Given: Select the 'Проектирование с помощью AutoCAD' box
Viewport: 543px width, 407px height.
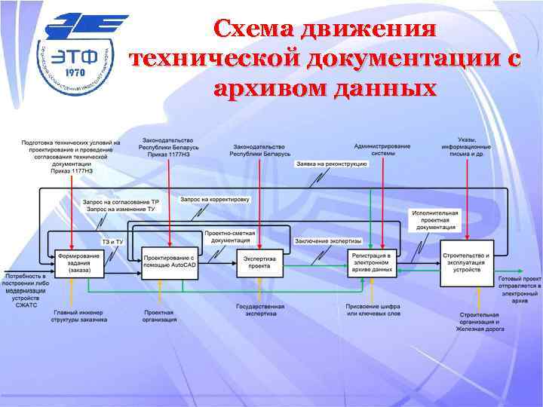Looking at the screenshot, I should click(x=170, y=262).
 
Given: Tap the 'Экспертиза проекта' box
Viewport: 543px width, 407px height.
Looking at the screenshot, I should click(x=259, y=262).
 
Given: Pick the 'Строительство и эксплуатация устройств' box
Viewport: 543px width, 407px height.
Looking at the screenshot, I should click(x=467, y=261).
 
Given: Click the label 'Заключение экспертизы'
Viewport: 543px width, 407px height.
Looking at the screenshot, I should click(x=328, y=240).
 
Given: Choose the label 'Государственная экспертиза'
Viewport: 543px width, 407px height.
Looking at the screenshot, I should click(x=259, y=311).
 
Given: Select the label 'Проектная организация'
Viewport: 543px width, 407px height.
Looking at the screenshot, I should click(x=159, y=316).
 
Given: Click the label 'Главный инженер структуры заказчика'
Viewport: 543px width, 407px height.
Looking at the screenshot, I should click(x=80, y=316).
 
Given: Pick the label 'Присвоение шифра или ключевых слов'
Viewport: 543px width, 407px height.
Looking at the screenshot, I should click(x=373, y=311).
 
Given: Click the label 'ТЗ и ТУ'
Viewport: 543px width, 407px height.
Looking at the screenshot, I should click(x=112, y=240).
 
